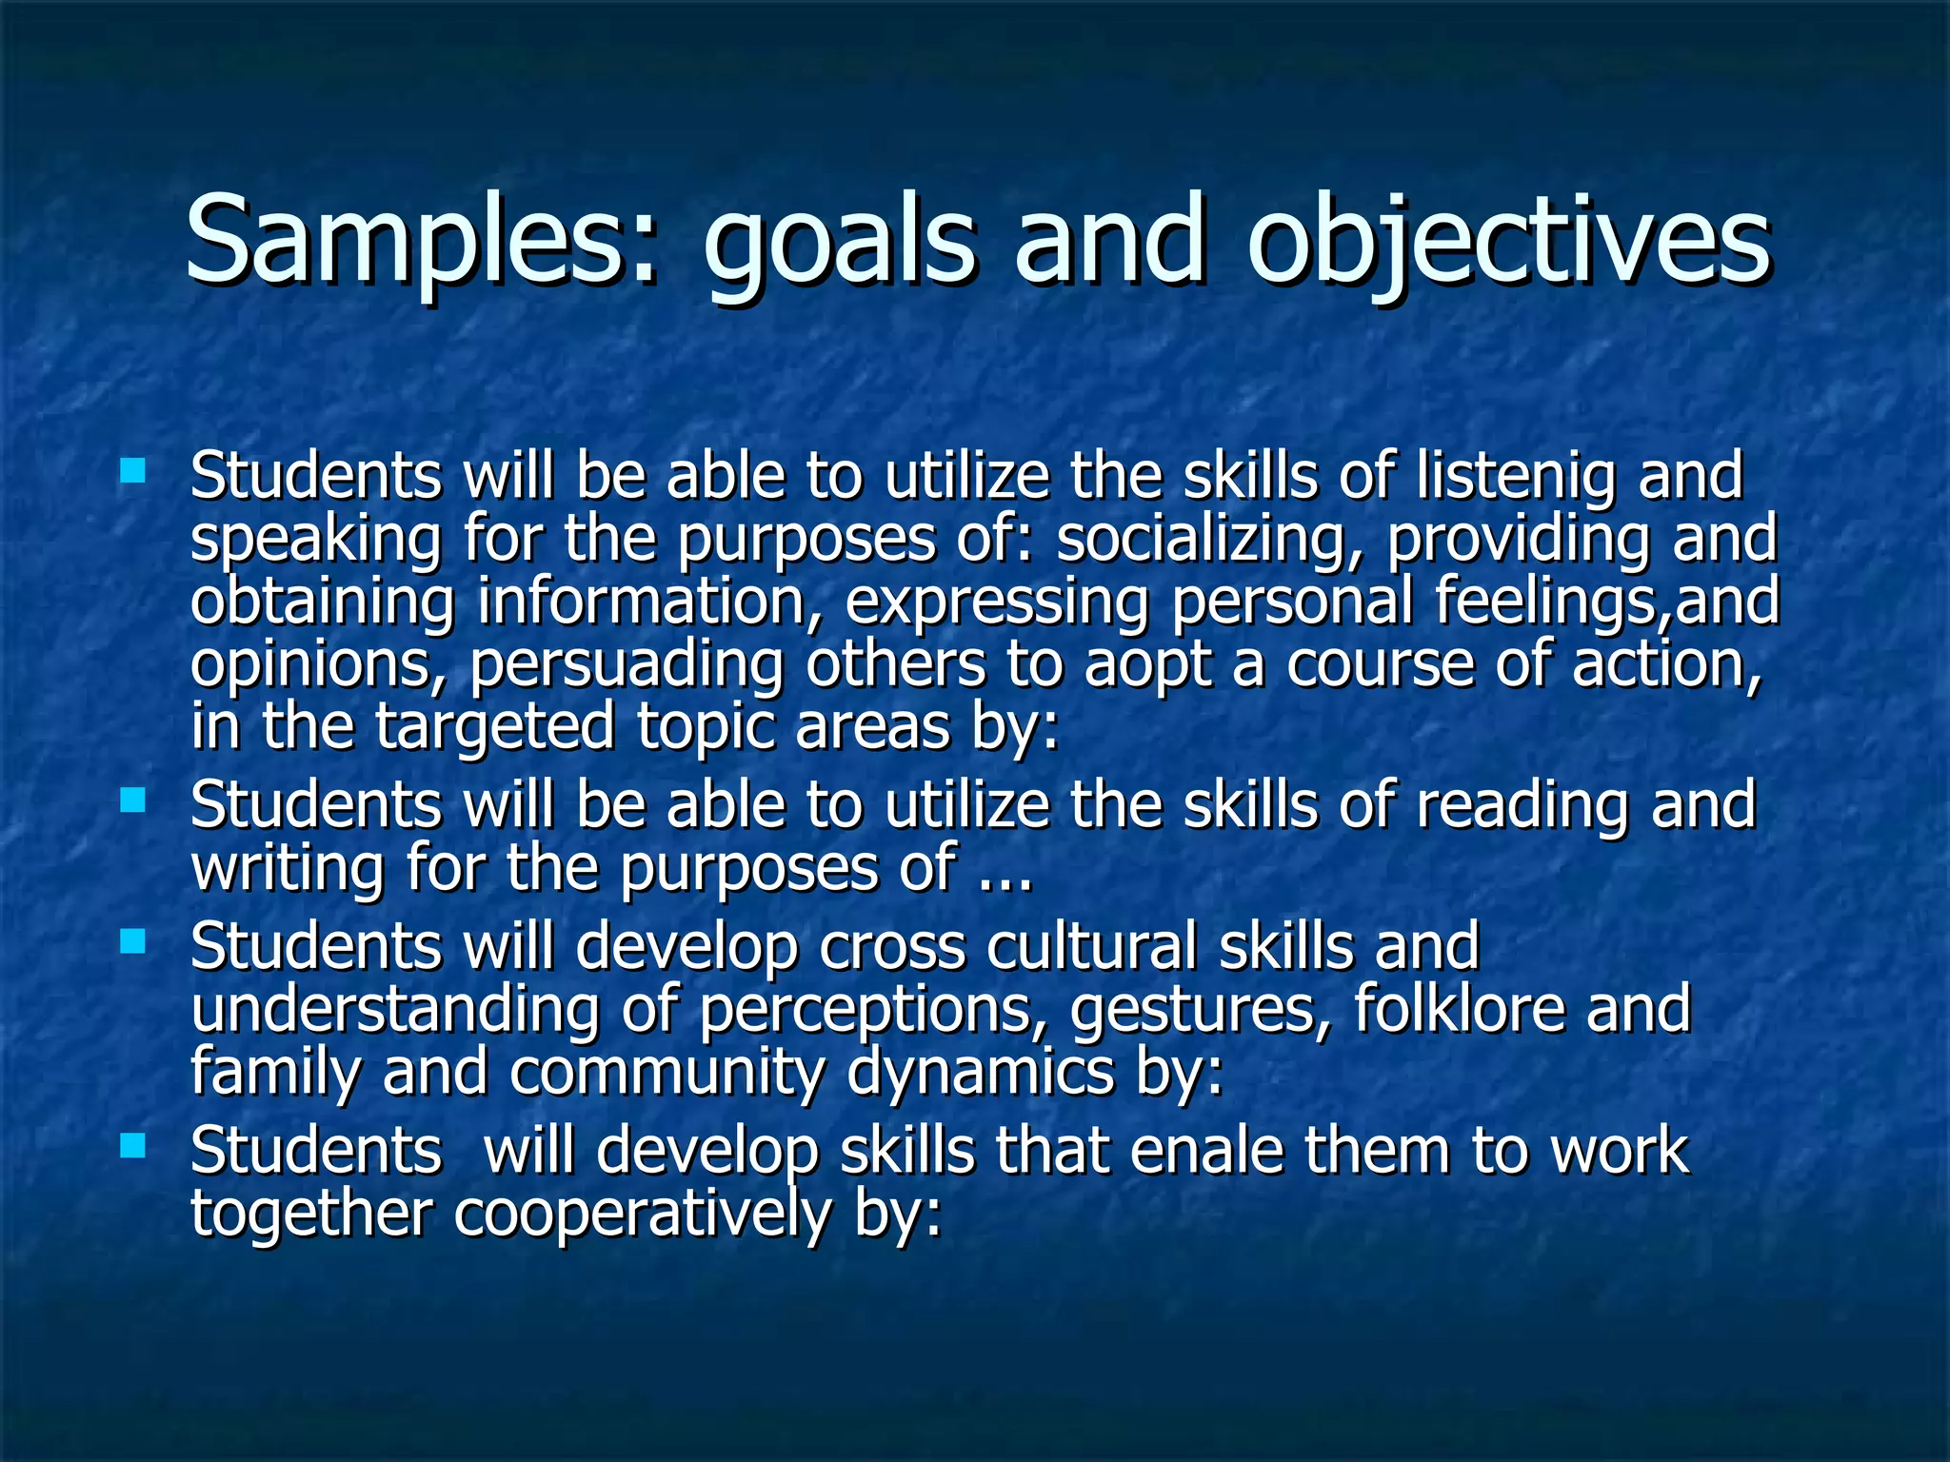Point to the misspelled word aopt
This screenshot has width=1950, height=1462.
(1147, 664)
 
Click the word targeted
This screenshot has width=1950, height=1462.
(495, 728)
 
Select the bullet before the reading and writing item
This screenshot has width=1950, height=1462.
(133, 800)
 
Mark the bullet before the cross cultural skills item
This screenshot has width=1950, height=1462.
(133, 941)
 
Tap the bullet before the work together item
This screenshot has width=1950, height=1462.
(133, 1145)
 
